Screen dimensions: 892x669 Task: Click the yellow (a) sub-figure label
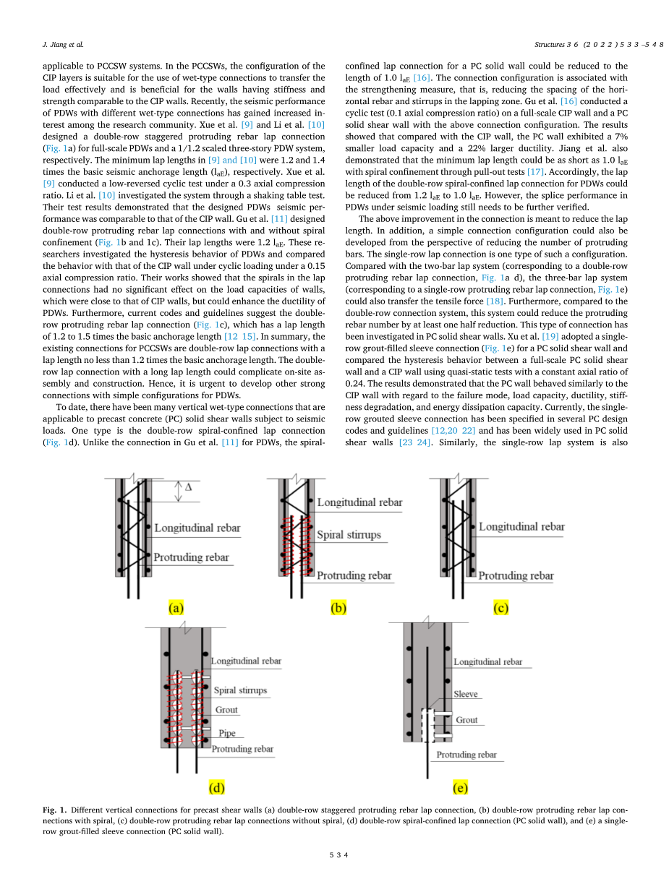point(175,609)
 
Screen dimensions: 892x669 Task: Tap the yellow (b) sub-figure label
point(338,609)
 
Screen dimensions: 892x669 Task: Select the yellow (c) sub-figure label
point(500,609)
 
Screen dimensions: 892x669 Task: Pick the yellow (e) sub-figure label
point(459,786)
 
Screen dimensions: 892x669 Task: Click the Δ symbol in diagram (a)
point(188,488)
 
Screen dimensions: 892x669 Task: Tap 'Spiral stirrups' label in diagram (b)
point(349,536)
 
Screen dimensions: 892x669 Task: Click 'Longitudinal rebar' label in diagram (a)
point(197,528)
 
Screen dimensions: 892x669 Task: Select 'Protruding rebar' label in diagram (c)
point(516,576)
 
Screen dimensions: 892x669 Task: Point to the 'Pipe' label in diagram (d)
point(226,733)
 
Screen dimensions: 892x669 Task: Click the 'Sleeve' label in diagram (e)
point(465,694)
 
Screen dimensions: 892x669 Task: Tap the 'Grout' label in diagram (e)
point(466,720)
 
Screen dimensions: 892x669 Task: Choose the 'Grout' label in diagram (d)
point(226,711)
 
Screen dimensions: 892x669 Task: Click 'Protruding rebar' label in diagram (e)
point(466,755)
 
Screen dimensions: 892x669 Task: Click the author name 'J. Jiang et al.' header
point(63,45)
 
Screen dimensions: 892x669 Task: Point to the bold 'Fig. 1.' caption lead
point(55,810)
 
